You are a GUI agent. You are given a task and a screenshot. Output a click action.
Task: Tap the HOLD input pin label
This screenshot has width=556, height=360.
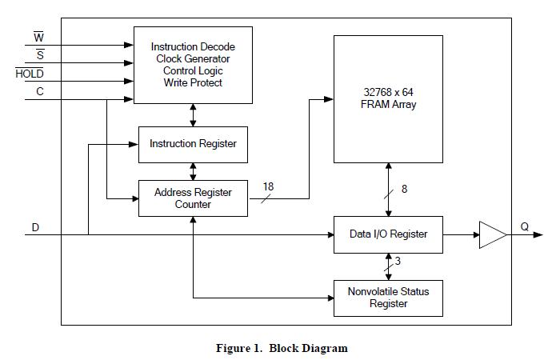(30, 74)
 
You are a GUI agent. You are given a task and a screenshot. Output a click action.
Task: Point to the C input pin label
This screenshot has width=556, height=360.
(39, 93)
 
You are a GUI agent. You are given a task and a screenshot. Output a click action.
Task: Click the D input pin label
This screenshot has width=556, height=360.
(35, 227)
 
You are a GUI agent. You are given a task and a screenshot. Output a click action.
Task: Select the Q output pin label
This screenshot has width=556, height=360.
(525, 226)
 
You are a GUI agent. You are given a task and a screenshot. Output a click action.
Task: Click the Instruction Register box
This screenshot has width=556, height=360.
(193, 144)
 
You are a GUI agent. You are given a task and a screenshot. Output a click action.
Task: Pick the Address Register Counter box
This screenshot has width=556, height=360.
(193, 198)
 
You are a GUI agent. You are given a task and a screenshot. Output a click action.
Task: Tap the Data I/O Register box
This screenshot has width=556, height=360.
(388, 234)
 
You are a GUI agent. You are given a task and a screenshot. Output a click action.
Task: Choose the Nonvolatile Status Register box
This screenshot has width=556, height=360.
(388, 297)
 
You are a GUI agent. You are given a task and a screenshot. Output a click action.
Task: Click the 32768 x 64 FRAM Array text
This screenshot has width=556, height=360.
(388, 98)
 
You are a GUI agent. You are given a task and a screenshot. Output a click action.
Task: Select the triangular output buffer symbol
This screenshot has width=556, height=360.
(492, 234)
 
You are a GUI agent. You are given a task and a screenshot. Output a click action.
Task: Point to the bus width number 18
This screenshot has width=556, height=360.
(268, 186)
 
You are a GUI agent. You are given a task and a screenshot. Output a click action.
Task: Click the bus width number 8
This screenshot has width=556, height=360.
(404, 190)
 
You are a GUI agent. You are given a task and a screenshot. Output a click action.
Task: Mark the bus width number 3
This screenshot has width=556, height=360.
(398, 261)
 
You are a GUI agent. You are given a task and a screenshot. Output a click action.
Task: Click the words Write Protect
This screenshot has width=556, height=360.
(193, 82)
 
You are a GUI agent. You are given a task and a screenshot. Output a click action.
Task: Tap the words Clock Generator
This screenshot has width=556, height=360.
(193, 58)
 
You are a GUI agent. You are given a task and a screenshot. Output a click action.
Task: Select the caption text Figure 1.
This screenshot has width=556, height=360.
(239, 348)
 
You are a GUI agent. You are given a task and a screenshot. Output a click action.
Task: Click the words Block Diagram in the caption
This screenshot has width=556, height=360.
(308, 348)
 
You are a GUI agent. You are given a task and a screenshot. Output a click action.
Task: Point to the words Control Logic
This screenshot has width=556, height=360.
(193, 70)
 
